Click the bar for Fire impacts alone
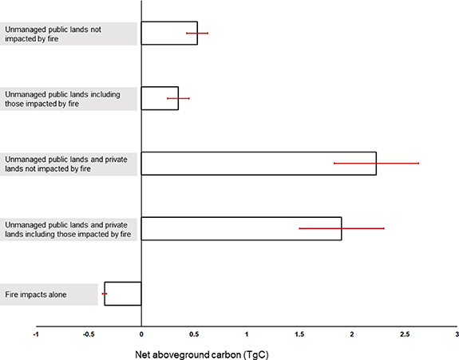point(123,294)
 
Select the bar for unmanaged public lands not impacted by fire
point(168,33)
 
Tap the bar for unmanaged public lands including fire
point(160,98)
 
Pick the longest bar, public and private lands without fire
point(258,163)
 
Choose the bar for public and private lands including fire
point(241,228)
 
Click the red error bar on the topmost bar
point(197,33)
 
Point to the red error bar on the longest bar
point(376,163)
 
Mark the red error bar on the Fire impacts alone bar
point(105,294)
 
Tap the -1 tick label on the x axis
point(36,333)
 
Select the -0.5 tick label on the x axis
point(88,333)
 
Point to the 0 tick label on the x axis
point(141,333)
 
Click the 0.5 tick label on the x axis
point(193,333)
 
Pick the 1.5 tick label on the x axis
point(299,333)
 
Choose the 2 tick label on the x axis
point(351,333)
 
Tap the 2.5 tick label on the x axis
point(404,333)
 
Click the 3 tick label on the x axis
point(456,333)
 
